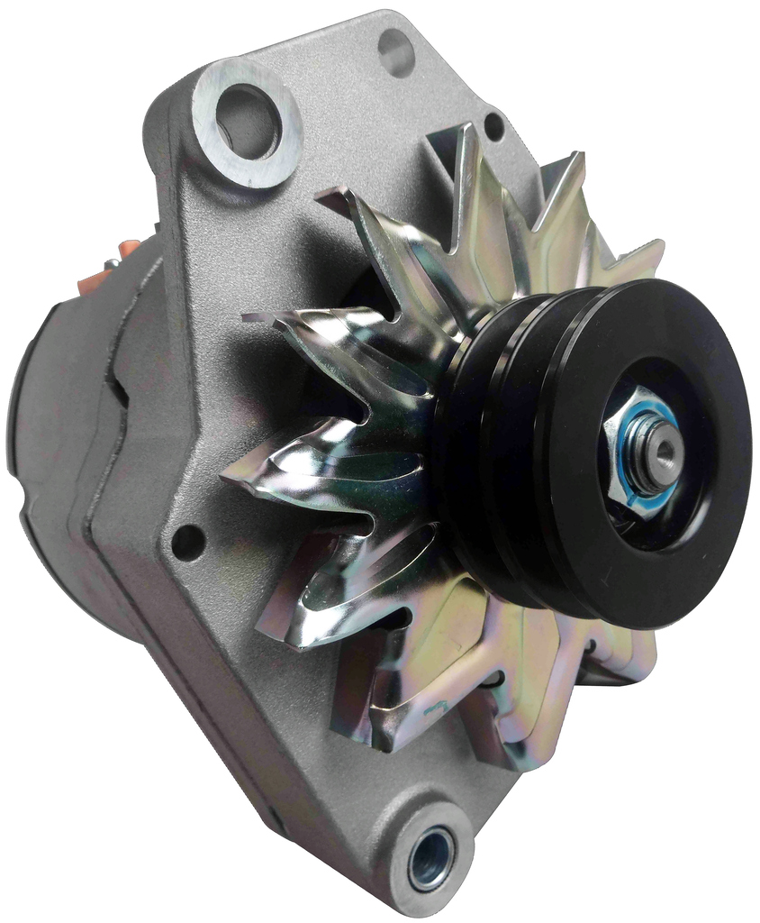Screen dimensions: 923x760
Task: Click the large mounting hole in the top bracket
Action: point(248,123)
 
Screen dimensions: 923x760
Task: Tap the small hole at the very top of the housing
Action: point(395,51)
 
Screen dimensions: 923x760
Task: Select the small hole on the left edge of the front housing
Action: point(187,541)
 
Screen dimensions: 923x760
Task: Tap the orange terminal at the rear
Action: point(131,251)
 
